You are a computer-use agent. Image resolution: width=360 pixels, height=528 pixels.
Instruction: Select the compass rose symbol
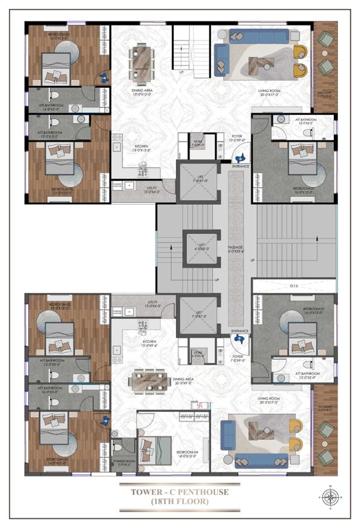tap(332, 496)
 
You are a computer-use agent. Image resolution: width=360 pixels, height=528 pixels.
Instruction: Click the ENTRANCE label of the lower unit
tap(240, 331)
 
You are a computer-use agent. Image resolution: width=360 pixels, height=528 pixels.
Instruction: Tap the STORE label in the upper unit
tap(197, 143)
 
